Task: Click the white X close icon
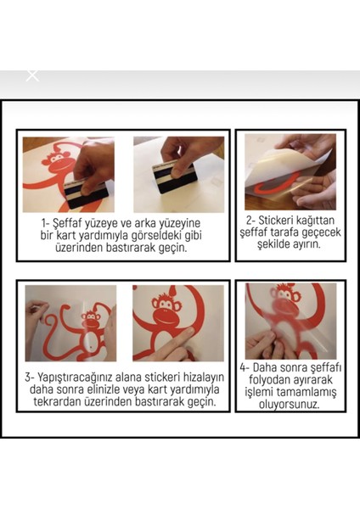click(x=32, y=76)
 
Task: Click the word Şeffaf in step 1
click(x=66, y=224)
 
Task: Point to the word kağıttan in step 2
click(x=316, y=221)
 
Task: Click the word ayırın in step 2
click(x=307, y=244)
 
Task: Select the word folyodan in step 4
click(x=269, y=380)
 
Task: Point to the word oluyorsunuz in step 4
click(x=290, y=405)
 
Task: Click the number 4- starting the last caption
click(x=245, y=368)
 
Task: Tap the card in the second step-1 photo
click(x=174, y=177)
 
